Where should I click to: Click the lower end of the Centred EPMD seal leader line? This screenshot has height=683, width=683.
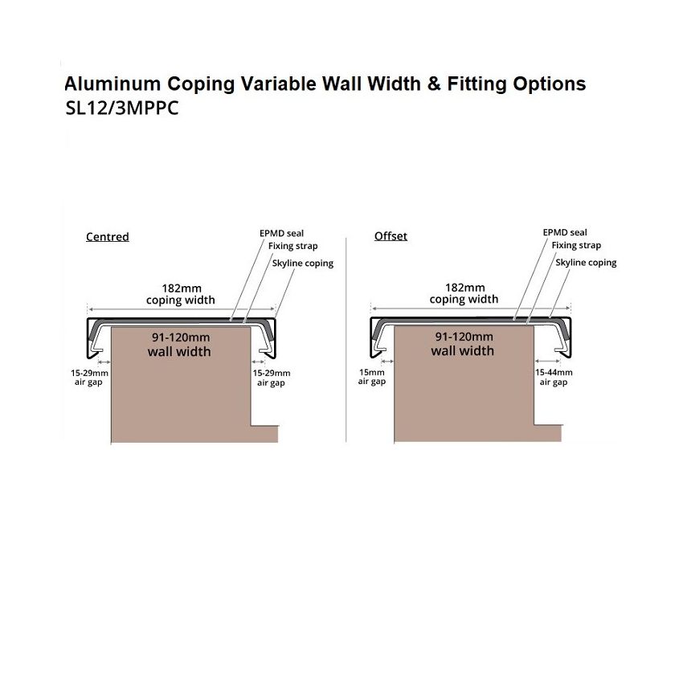(230, 321)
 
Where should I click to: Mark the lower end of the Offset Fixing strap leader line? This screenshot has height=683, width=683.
(526, 324)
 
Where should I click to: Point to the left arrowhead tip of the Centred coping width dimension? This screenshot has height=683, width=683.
(88, 309)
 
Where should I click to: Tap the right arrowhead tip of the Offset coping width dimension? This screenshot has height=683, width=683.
(571, 309)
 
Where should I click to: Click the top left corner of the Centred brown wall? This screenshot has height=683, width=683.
(112, 327)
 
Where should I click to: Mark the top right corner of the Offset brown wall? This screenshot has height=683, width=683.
(534, 326)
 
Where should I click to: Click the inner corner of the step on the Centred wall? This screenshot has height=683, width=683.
(252, 426)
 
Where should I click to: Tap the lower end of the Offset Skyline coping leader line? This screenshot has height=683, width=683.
(550, 317)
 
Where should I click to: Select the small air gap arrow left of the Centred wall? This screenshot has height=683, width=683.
(104, 362)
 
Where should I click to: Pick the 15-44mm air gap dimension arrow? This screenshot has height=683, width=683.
(547, 361)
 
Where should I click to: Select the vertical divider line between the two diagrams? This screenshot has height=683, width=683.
(346, 340)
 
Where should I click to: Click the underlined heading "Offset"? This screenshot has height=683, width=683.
(391, 236)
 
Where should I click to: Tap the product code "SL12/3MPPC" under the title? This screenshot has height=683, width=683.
(122, 108)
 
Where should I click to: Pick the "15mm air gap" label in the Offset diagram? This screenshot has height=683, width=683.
(372, 377)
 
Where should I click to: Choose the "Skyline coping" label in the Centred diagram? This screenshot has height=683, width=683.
(303, 264)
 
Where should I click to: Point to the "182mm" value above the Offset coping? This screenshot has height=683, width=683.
(464, 288)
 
